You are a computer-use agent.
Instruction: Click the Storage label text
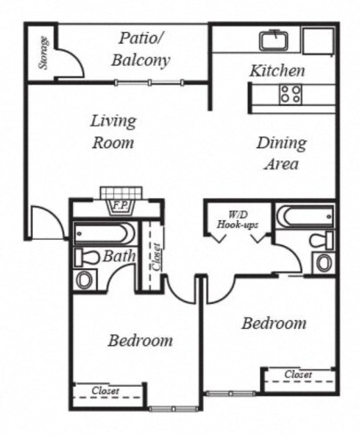point(42,53)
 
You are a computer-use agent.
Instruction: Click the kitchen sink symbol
point(273,40)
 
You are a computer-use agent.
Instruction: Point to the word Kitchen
point(277,70)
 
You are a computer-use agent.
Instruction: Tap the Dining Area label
point(282,153)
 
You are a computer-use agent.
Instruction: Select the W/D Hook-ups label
point(238,220)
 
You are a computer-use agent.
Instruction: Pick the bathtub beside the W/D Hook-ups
point(304,217)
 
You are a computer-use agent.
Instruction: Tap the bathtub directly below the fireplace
point(105,234)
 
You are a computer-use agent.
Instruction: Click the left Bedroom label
point(140,341)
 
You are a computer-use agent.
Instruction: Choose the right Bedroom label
point(274,323)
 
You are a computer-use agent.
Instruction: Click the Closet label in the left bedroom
point(105,390)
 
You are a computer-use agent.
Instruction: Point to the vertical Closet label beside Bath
point(157,257)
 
